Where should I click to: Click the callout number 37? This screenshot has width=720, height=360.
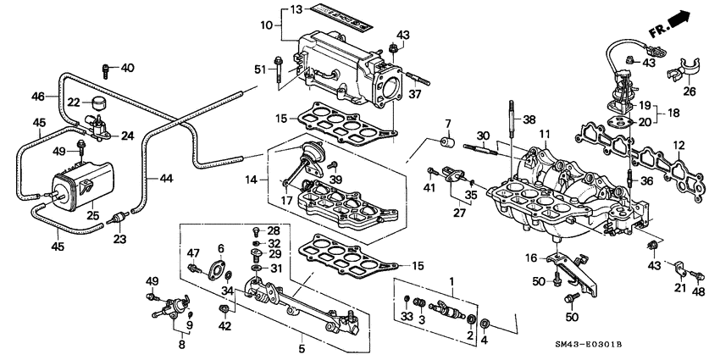coord(415,93)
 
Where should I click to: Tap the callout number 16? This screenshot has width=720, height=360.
coord(530,258)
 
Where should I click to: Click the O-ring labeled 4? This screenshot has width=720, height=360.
coord(484,324)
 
